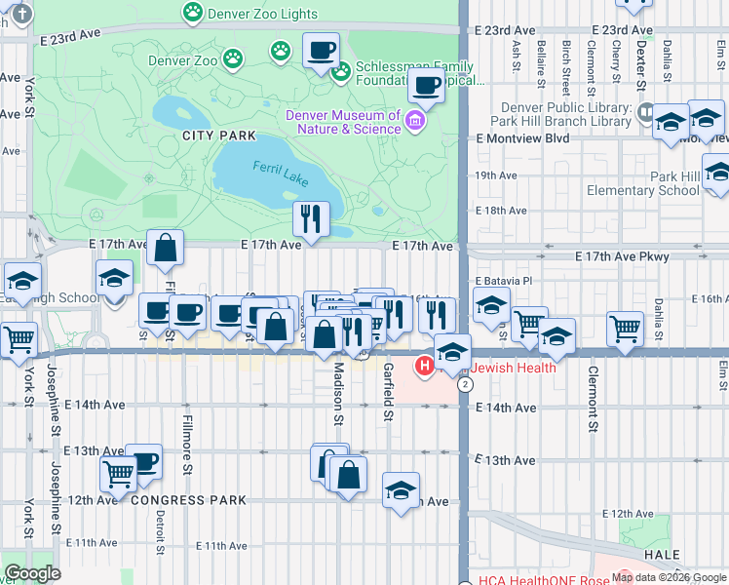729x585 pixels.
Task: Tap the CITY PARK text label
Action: click(219, 136)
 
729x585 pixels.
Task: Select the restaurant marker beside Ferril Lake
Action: click(312, 218)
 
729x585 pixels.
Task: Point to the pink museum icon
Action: click(416, 121)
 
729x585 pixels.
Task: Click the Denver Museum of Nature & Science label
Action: click(343, 122)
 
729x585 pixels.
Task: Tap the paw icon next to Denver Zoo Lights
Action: click(193, 14)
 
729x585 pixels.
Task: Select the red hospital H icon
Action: click(424, 368)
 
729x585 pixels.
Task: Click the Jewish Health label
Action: click(514, 368)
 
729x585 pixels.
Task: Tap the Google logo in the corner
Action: click(32, 573)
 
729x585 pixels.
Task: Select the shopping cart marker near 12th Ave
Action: click(118, 474)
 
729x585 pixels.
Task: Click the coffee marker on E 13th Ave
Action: click(144, 462)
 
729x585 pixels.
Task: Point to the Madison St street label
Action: click(339, 395)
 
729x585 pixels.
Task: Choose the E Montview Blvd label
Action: click(522, 138)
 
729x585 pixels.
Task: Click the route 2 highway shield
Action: click(466, 385)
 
